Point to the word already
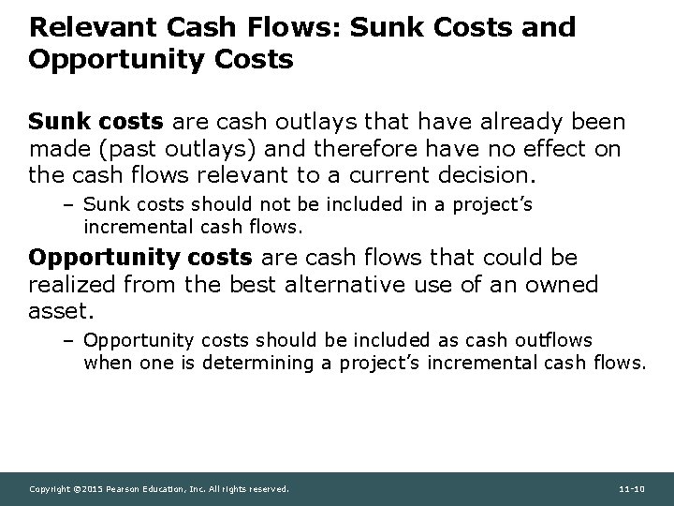[528, 122]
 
